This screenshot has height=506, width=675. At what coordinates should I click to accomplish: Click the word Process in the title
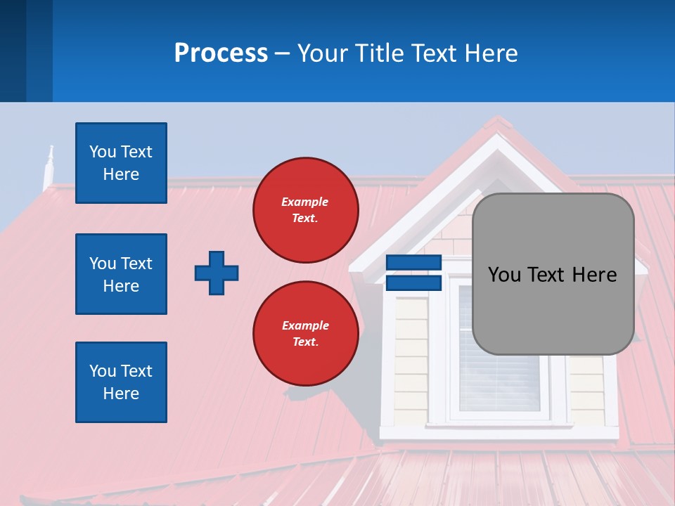221,53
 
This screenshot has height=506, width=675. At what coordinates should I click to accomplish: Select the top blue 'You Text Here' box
121,163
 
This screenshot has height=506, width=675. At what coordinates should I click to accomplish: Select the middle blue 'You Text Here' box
121,274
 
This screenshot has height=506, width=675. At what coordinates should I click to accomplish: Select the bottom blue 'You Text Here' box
121,382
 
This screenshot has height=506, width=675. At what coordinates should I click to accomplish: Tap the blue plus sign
217,273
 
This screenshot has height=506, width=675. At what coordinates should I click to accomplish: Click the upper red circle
306,210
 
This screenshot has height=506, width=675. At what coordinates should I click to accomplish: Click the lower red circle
306,333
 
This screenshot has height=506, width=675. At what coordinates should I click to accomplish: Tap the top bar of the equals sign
413,262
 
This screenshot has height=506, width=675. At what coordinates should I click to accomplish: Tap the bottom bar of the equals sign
413,283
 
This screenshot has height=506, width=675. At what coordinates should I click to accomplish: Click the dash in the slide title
283,54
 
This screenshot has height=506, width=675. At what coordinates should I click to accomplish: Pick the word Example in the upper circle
304,202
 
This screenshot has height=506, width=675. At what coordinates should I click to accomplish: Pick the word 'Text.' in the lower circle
304,342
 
